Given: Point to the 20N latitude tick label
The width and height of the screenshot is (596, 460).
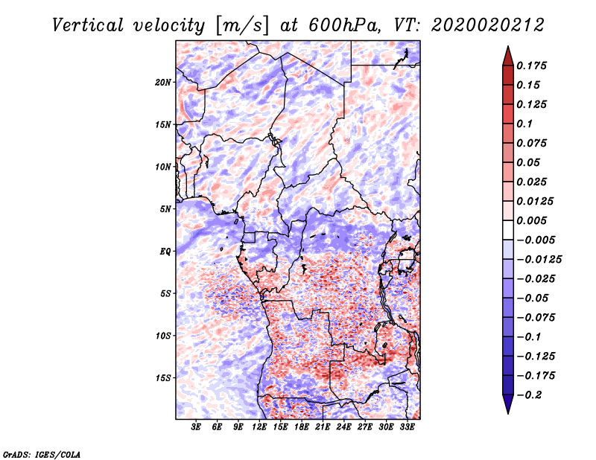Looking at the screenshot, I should [x=163, y=82].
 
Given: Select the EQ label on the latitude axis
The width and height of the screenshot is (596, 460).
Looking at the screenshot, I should [x=165, y=252].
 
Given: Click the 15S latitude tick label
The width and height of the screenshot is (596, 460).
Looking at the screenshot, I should [x=163, y=378].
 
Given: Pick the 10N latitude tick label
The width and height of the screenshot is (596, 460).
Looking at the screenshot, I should [x=163, y=167].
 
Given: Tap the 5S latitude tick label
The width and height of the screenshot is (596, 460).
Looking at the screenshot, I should [x=165, y=293].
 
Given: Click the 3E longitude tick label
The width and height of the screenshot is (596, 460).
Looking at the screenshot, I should [x=197, y=428].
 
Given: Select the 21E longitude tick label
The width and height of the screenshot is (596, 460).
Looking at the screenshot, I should [x=323, y=428].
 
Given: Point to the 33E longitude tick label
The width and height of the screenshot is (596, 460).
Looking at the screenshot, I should [x=408, y=428].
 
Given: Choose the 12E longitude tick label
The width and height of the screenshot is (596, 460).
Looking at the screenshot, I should [x=260, y=428].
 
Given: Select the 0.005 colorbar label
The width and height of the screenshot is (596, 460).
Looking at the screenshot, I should [x=533, y=220].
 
